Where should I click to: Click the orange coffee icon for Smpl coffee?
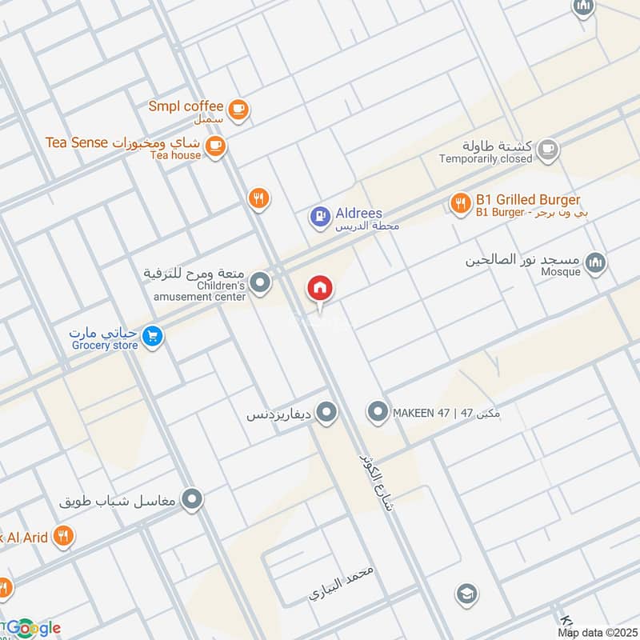pos(238,110)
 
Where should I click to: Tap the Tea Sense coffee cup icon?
pos(214,146)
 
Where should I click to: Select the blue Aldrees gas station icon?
pos(320,215)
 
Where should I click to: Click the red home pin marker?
pos(320,289)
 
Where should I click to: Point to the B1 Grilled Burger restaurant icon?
pos(460,203)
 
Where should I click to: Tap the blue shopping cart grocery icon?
pos(152,336)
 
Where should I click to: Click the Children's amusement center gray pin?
pos(259,282)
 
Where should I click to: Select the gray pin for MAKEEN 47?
pos(377,413)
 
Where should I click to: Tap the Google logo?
pos(32,628)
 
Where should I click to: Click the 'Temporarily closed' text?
pos(485,158)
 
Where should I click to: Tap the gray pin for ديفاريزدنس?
pos(326,413)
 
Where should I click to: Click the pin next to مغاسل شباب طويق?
pos(191,501)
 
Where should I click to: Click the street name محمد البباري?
pos(342,586)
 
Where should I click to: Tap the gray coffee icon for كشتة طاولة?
pos(547,148)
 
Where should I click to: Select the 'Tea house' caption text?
pos(175,155)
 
